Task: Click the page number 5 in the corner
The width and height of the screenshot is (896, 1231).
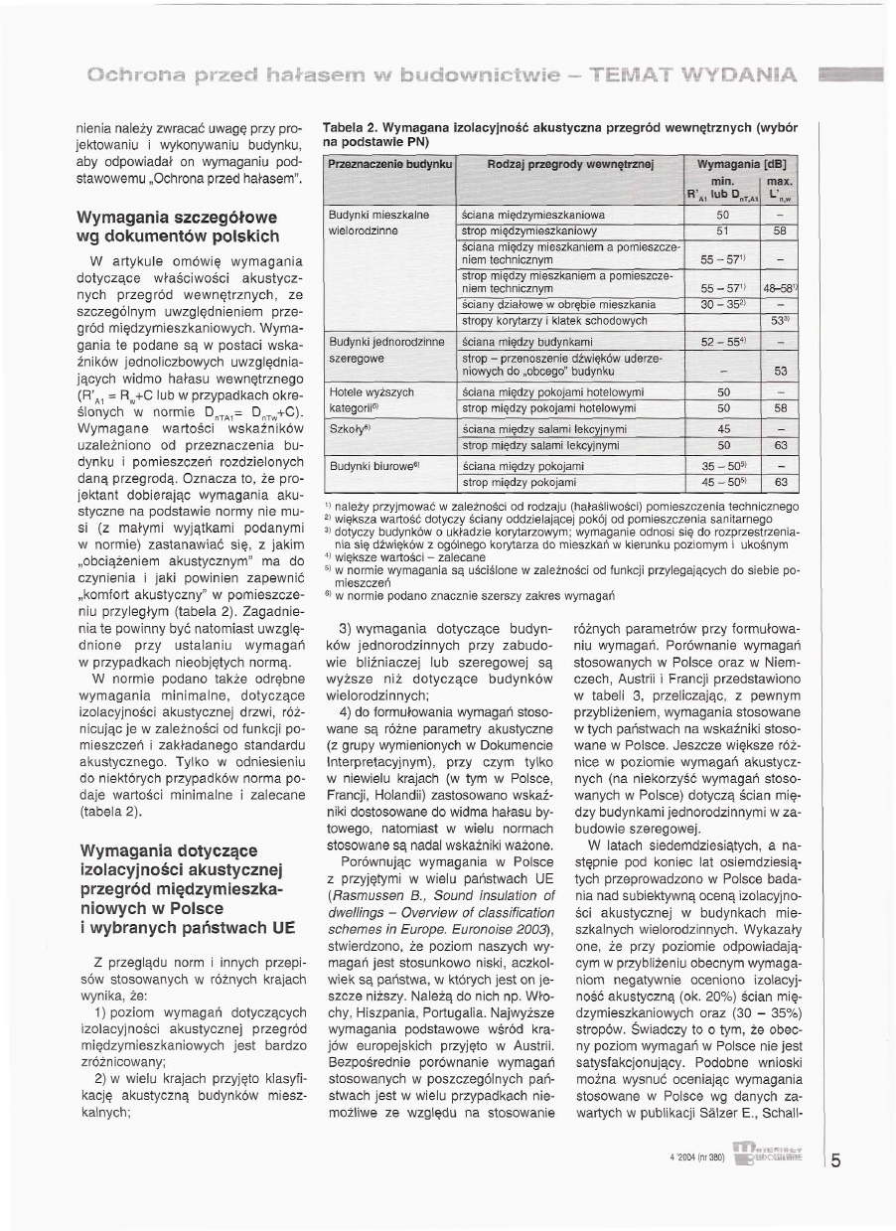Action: click(836, 1159)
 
